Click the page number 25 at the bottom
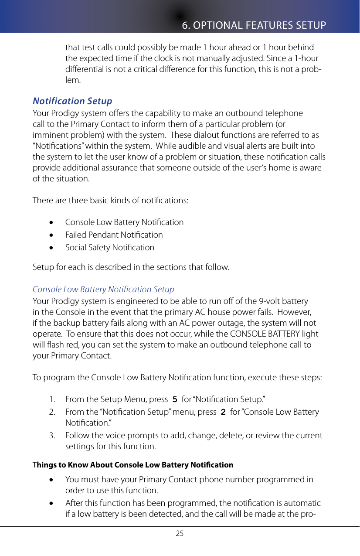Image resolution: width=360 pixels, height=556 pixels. (180, 533)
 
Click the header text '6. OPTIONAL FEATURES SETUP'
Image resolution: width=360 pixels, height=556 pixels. (254, 25)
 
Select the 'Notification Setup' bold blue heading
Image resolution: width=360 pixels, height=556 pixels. (72, 101)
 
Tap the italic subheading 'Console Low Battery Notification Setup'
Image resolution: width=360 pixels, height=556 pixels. (103, 289)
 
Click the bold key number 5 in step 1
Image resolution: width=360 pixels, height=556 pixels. (175, 399)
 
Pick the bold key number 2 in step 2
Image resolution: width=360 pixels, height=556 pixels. (223, 412)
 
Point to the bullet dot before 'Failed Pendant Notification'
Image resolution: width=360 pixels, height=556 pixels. (52, 235)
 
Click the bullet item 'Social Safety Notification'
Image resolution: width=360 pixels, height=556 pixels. (109, 247)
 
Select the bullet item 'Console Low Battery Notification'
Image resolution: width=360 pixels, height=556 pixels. (124, 222)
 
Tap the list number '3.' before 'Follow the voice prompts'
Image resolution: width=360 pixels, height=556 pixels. (52, 436)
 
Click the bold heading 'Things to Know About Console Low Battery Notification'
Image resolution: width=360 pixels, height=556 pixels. (133, 464)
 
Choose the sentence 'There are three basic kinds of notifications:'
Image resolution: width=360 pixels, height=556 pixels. (111, 201)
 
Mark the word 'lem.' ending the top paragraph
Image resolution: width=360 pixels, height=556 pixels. (72, 80)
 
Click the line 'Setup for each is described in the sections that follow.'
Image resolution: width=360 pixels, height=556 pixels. (131, 267)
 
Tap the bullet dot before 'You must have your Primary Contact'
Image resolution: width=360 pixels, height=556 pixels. (52, 480)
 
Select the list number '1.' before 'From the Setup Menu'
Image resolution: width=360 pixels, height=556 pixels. (52, 399)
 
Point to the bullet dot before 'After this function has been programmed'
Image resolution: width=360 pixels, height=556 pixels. (52, 504)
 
